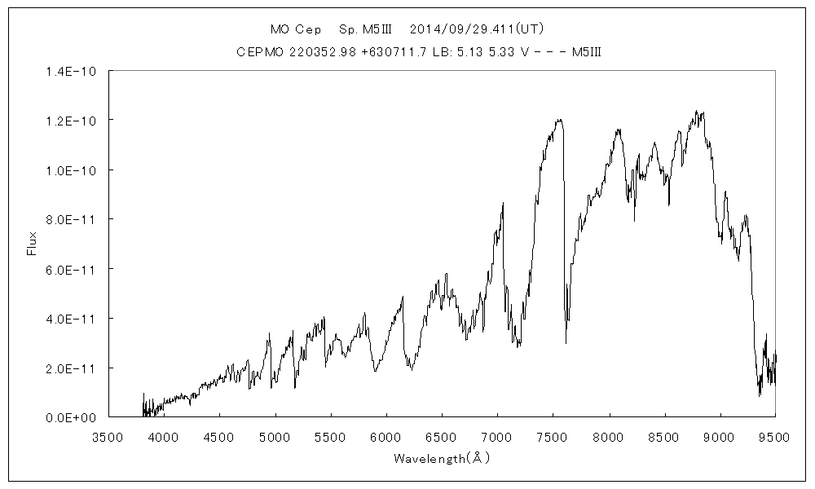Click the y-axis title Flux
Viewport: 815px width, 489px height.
pyautogui.click(x=33, y=244)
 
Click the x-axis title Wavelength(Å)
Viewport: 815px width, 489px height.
pyautogui.click(x=441, y=458)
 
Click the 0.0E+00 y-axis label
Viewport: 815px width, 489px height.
pyautogui.click(x=73, y=417)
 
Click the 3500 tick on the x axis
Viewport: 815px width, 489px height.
pyautogui.click(x=108, y=437)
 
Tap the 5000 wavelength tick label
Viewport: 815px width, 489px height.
pyautogui.click(x=275, y=437)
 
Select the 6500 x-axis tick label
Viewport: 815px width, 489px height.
pyautogui.click(x=442, y=437)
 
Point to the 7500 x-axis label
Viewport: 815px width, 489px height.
pyautogui.click(x=553, y=437)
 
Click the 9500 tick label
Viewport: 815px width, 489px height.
pyautogui.click(x=775, y=437)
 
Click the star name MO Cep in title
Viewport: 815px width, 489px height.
pyautogui.click(x=296, y=29)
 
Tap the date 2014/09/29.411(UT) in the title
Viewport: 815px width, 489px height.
pyautogui.click(x=477, y=29)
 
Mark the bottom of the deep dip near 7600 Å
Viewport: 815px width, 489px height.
pyautogui.click(x=566, y=343)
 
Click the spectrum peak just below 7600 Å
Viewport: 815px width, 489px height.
pyautogui.click(x=559, y=120)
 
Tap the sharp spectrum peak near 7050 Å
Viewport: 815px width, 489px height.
pyautogui.click(x=503, y=203)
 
